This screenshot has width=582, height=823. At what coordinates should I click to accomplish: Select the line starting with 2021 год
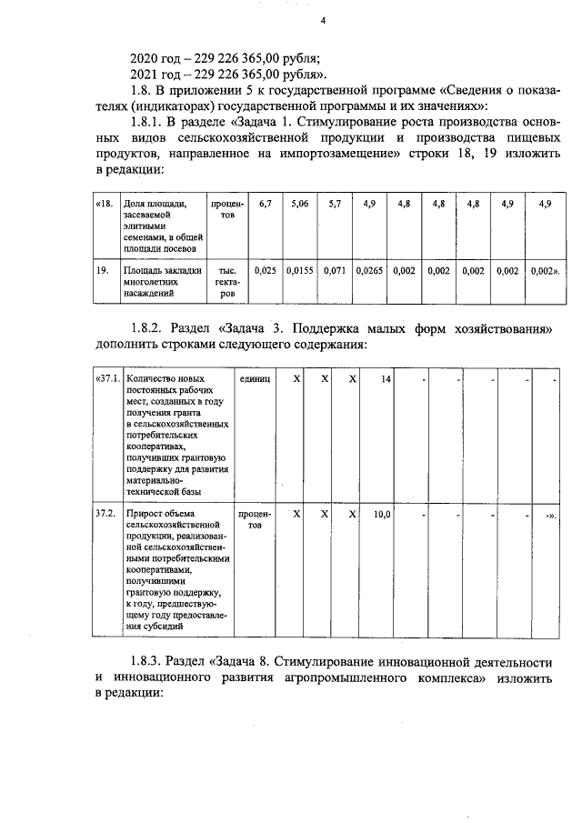(231, 74)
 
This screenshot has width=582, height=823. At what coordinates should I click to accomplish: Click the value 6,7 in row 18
(266, 205)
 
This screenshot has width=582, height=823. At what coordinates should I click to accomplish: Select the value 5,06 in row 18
(300, 205)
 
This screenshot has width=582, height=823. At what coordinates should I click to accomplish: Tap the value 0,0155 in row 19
(300, 270)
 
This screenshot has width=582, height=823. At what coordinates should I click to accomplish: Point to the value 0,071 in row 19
(336, 270)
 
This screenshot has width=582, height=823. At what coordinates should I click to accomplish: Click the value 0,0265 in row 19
(370, 270)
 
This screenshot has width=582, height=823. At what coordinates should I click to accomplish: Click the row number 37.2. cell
(105, 514)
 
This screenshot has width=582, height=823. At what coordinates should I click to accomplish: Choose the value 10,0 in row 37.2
(382, 514)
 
